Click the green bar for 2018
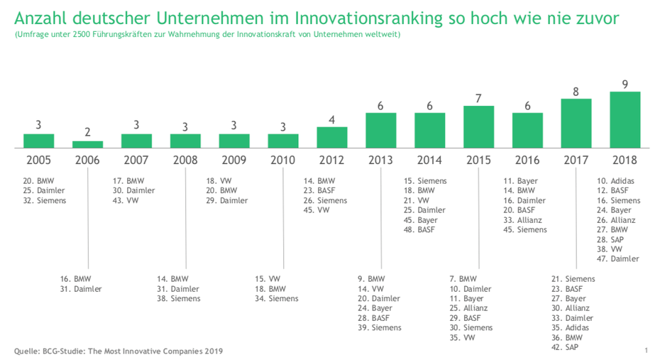pos(625,119)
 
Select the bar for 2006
pos(88,144)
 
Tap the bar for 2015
pos(478,126)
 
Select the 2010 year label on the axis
pos(283,160)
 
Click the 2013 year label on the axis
pos(381,160)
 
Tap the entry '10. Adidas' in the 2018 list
pos(617,181)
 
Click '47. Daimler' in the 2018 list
pos(618,259)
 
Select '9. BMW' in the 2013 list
pos(371,279)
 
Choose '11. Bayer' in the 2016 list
pos(521,181)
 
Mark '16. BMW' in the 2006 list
pos(76,279)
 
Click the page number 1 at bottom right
pos(646,351)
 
